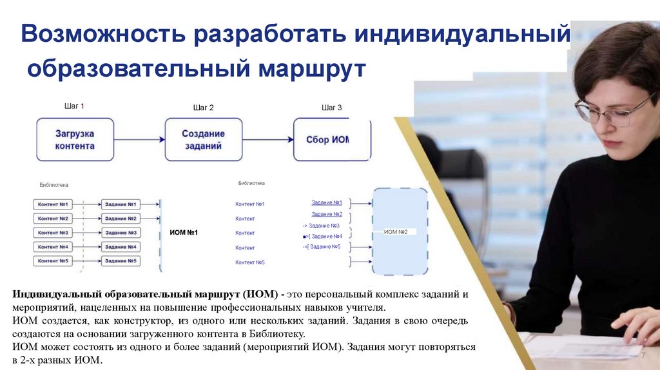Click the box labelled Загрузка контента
[x=75, y=139]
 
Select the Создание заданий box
[x=203, y=139]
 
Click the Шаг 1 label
[x=74, y=106]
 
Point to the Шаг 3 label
[x=331, y=108]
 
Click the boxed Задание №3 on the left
[x=120, y=233]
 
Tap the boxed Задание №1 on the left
[x=120, y=204]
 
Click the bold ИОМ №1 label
[x=183, y=232]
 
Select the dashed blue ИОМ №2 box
[x=400, y=231]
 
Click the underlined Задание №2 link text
[x=326, y=214]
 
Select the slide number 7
[x=643, y=356]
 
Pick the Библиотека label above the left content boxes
[x=53, y=184]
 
